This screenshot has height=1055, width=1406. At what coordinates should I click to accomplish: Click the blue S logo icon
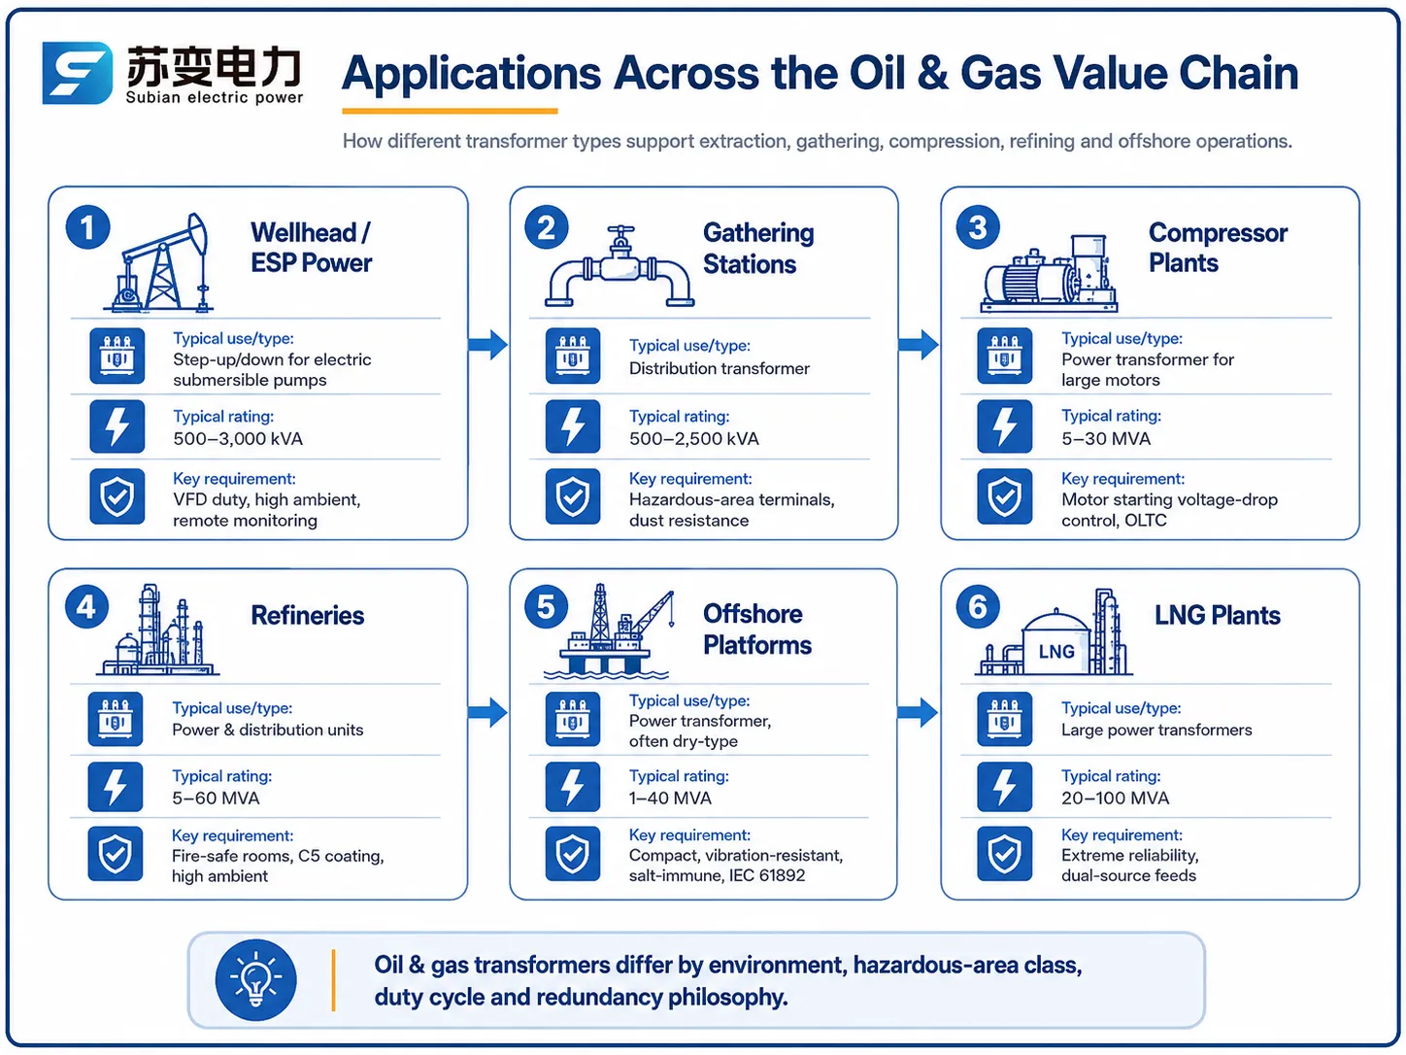[78, 73]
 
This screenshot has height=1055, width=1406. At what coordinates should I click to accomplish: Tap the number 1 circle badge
[87, 227]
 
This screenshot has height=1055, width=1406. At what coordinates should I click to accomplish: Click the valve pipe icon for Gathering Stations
[619, 266]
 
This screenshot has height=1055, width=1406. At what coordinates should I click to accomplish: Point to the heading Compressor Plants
[1218, 248]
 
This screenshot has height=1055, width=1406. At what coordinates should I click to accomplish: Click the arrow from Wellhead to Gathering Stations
[488, 345]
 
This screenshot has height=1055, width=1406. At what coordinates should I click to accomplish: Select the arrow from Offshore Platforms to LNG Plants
[918, 712]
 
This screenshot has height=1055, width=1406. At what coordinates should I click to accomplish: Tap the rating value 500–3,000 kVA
[238, 439]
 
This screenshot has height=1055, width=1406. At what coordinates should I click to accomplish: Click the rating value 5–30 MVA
[1106, 439]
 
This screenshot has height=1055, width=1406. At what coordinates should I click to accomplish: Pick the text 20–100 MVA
[1115, 799]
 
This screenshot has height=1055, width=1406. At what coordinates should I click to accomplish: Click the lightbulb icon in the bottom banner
[256, 979]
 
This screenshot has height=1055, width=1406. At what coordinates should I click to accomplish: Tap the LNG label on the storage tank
[1056, 652]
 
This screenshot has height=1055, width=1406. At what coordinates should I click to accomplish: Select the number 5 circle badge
[546, 607]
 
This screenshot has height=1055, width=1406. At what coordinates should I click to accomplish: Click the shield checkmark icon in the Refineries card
[116, 854]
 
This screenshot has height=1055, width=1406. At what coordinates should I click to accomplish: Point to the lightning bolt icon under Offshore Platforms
[573, 787]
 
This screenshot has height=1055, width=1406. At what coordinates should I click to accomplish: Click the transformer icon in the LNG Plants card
[1004, 719]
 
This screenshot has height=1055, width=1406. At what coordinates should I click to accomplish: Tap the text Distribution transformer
[720, 368]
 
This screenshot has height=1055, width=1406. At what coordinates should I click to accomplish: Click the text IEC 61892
[767, 875]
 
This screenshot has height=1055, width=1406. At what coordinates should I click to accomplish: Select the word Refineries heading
[308, 615]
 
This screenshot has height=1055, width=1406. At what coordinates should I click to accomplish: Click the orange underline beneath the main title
[450, 112]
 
